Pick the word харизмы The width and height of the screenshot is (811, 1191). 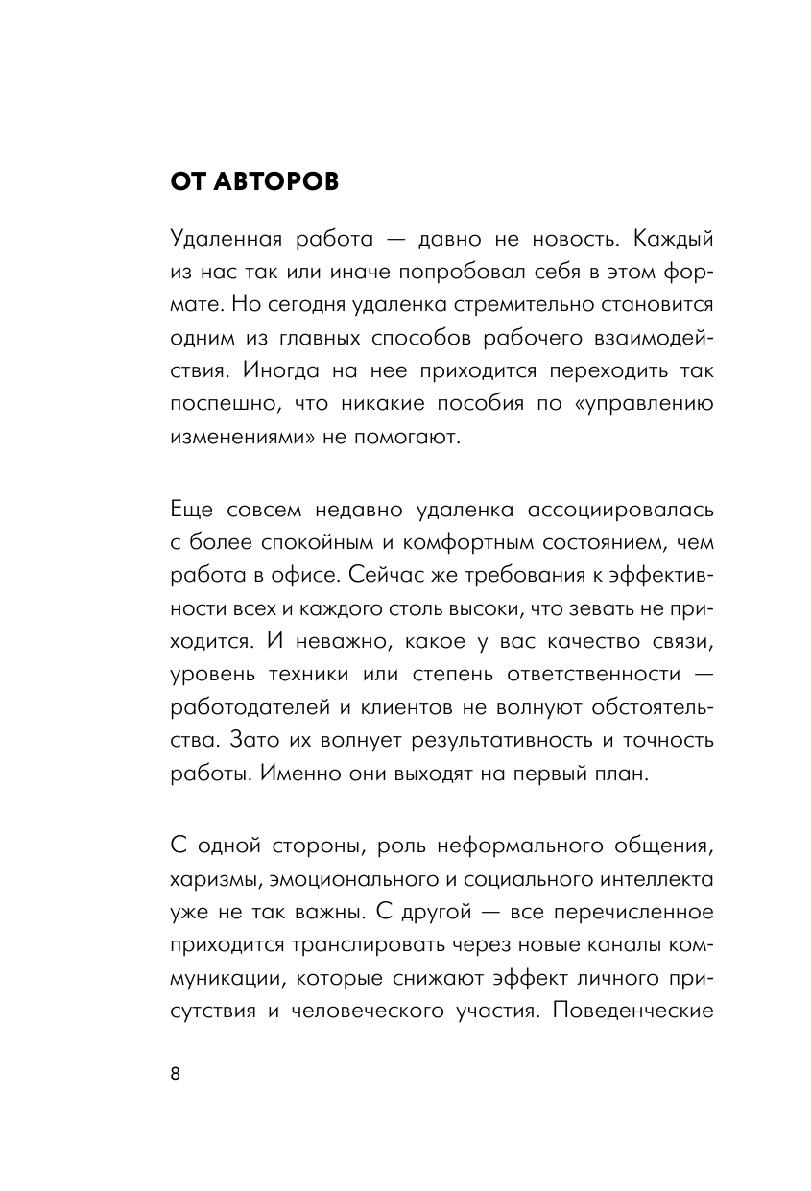(x=208, y=879)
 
